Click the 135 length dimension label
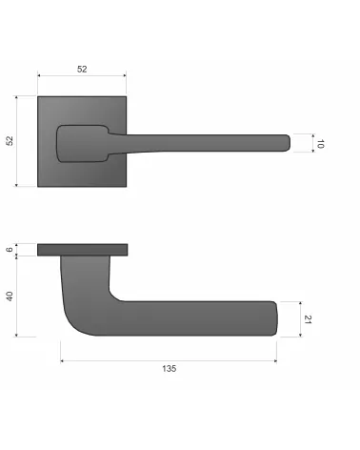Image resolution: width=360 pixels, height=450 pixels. tap(169, 369)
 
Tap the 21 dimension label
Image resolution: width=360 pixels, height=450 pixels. tap(308, 319)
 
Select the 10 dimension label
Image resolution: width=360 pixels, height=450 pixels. tap(320, 144)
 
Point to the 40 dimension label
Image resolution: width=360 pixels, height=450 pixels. tap(10, 297)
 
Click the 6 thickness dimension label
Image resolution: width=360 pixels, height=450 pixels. tap(10, 250)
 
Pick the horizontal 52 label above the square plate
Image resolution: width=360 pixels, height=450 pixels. tap(82, 69)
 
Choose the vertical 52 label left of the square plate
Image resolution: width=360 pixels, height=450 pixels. tap(10, 141)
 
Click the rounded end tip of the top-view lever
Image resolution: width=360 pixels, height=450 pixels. tap(289, 143)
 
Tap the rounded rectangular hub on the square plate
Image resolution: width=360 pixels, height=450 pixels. tap(83, 144)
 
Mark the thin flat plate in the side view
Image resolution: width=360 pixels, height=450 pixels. tap(83, 250)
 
